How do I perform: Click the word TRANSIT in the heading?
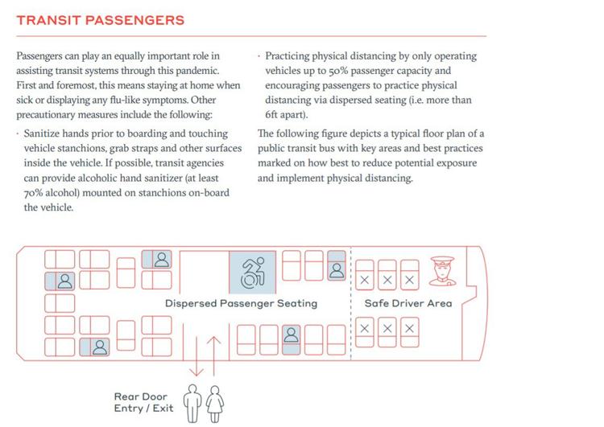coord(48,20)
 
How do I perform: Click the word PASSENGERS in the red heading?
coord(134,20)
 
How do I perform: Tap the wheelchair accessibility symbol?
coord(252,273)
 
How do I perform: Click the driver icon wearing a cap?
coord(443,271)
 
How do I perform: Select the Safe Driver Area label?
coord(408,303)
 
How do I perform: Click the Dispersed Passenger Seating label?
coord(241,303)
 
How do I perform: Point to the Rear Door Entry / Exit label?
coord(143,402)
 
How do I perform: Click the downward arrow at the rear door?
coord(197,355)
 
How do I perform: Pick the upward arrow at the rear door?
coord(213,355)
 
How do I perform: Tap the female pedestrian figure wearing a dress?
coord(215,404)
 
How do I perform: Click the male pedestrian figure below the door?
coord(192,404)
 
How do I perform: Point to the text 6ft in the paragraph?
coord(271,115)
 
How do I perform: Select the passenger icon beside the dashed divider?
coord(337,270)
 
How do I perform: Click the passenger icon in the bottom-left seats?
coord(100,347)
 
